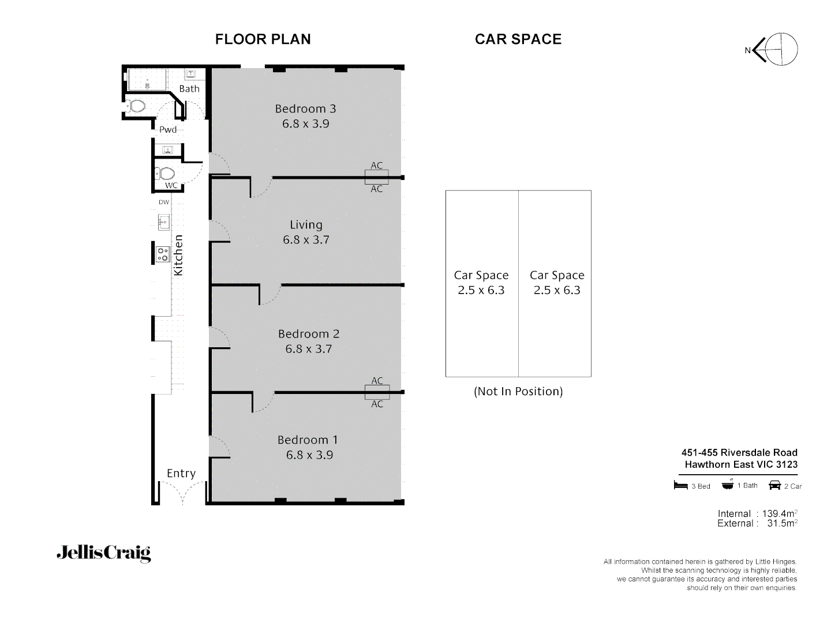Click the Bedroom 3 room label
click(305, 108)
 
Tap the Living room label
click(306, 225)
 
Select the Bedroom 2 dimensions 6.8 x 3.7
click(308, 348)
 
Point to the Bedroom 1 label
click(308, 440)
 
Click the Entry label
click(181, 473)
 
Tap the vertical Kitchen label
click(178, 255)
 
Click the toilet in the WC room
click(166, 173)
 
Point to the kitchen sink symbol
click(164, 221)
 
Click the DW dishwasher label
click(164, 202)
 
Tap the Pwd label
click(168, 129)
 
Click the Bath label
click(189, 88)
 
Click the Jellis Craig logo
click(103, 553)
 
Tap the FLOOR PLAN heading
click(263, 39)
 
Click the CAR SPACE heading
click(518, 39)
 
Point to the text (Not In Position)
click(518, 391)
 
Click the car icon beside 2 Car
click(774, 485)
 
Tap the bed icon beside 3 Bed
click(681, 485)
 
